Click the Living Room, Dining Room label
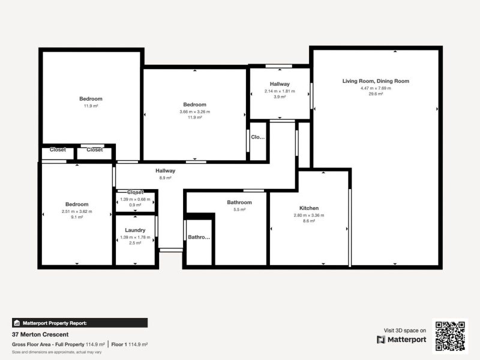click(x=376, y=81)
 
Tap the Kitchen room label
click(x=309, y=208)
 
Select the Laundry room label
click(x=135, y=230)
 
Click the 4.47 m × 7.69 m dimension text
click(x=376, y=88)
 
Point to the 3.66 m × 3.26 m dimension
click(x=194, y=112)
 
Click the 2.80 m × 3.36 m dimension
click(x=309, y=215)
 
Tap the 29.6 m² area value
click(x=376, y=94)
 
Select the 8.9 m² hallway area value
click(x=165, y=178)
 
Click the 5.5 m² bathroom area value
click(x=239, y=209)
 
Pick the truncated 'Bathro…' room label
click(x=199, y=238)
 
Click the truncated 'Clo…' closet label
click(x=257, y=137)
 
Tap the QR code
click(x=450, y=336)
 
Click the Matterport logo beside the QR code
click(x=402, y=340)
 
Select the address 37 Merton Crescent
click(x=40, y=334)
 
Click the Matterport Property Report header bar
click(x=79, y=323)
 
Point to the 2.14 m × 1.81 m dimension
click(x=280, y=91)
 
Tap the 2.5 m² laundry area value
click(x=135, y=243)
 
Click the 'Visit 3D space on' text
click(x=405, y=330)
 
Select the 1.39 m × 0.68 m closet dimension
click(x=135, y=199)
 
